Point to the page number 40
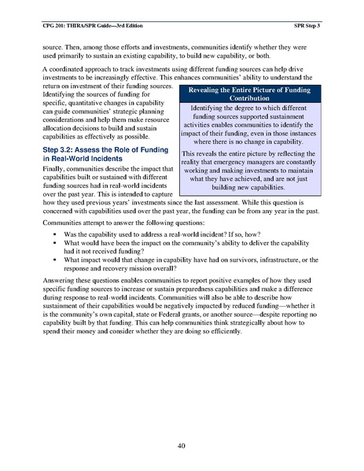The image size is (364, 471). click(182, 447)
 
